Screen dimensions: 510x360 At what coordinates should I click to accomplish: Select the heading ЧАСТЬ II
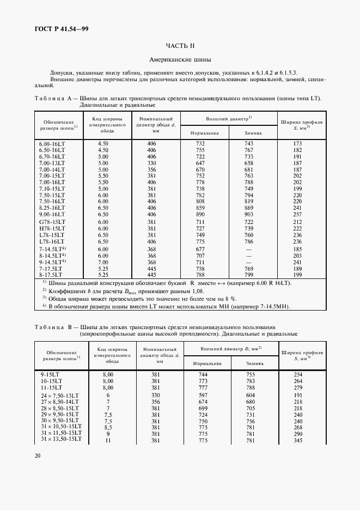point(179,46)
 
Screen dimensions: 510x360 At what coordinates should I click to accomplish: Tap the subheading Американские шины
point(179,59)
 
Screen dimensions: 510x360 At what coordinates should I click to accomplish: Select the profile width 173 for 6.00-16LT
point(297,143)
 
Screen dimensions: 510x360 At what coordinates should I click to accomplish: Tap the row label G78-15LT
point(52,222)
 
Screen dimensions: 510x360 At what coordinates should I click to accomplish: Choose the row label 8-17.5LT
point(51,275)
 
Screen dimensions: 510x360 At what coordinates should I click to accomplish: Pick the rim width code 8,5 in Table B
point(108,427)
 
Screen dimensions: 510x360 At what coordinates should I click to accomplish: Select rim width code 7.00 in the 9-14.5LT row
point(103,262)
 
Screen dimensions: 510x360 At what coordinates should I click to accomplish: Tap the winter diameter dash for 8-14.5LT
point(249,256)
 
